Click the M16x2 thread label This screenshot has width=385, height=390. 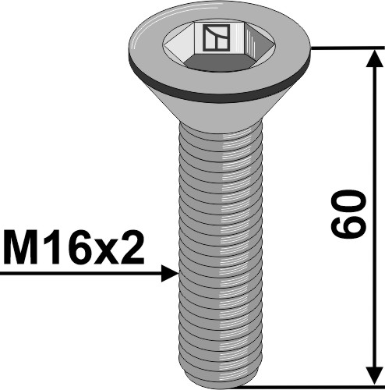click(74, 249)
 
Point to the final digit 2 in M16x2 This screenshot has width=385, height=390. click(132, 249)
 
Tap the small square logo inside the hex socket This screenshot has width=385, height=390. click(212, 37)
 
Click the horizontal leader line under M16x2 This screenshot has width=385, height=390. click(78, 274)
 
